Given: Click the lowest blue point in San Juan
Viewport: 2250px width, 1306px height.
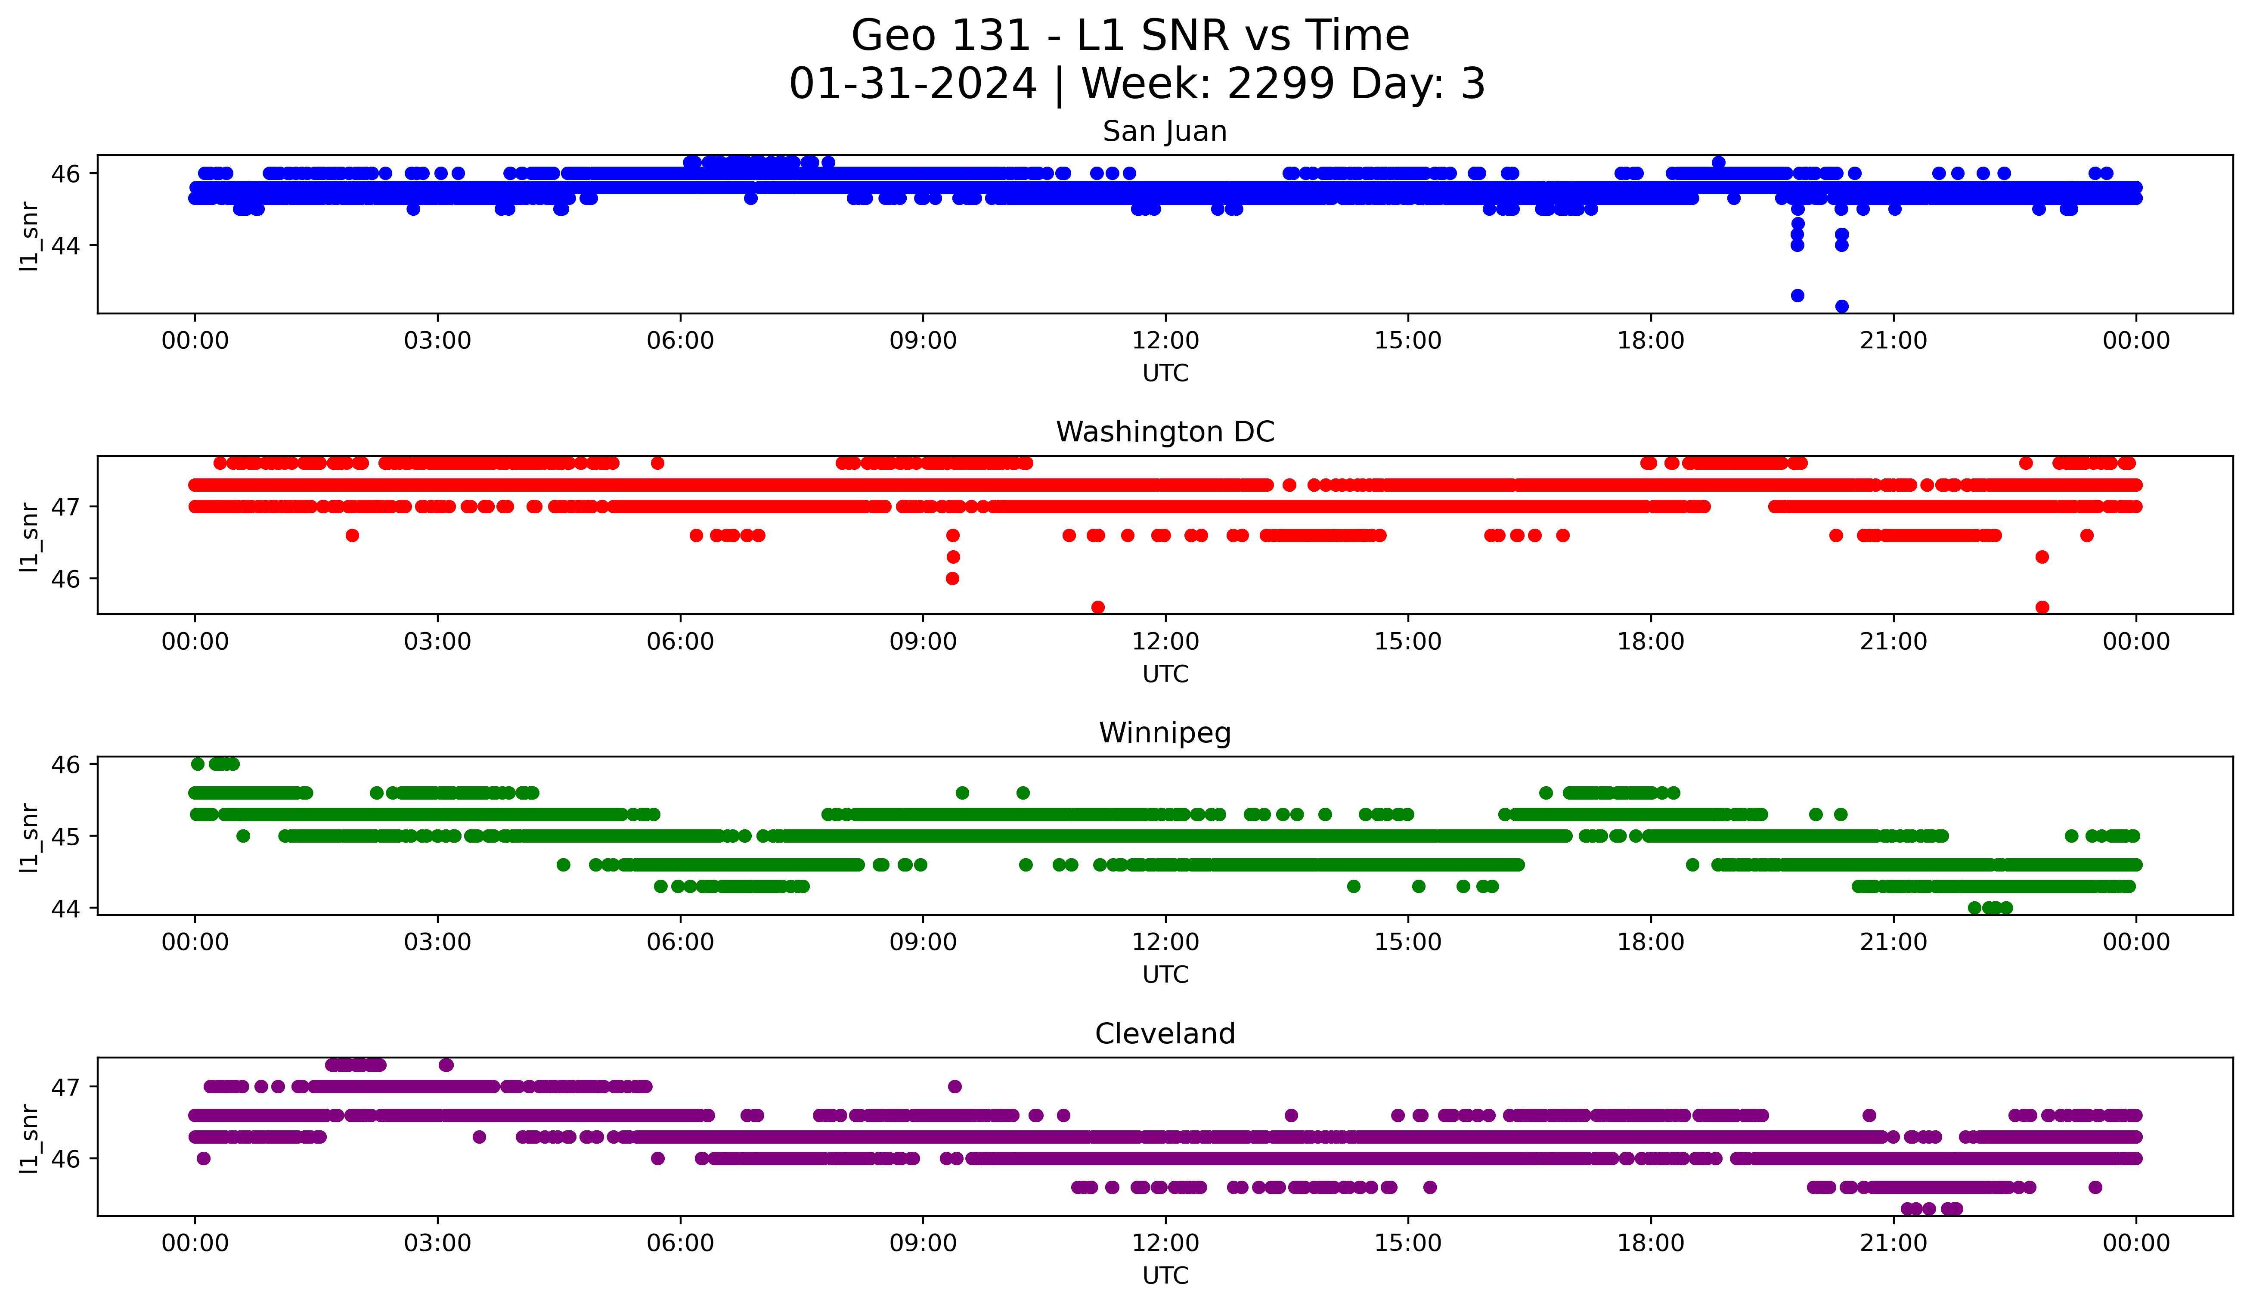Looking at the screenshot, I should coord(1841,306).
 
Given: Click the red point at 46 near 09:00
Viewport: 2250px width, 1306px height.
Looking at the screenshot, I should coord(953,578).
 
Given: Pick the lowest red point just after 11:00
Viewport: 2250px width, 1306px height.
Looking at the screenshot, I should coord(1098,607).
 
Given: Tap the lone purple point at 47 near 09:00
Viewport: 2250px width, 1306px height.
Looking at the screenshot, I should coord(955,1086).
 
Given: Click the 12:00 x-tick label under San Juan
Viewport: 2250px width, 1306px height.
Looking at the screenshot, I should coord(1165,341).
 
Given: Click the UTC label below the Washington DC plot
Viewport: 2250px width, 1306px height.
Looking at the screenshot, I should coord(1165,674).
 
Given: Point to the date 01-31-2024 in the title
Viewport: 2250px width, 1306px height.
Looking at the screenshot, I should coord(912,84).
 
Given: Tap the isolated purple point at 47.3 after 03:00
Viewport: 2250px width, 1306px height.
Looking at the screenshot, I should coord(446,1065).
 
